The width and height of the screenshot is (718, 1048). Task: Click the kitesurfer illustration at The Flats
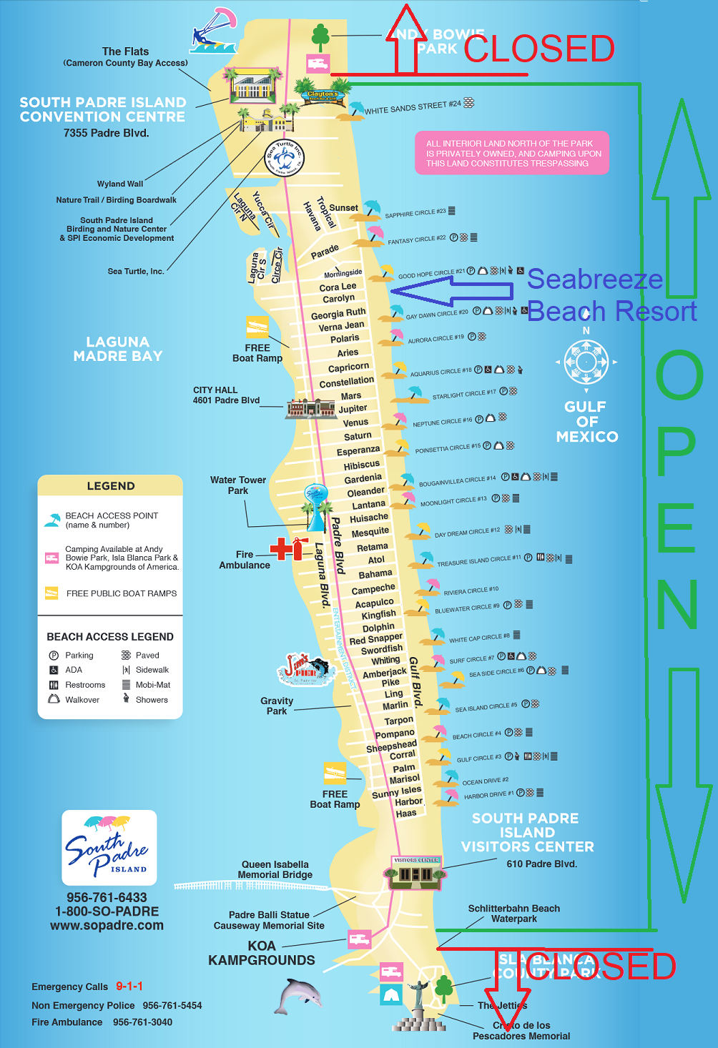tap(212, 31)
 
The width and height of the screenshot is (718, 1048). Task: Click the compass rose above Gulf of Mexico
tap(586, 362)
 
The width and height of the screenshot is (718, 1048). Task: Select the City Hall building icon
tap(310, 408)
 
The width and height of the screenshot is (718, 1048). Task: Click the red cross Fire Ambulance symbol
tap(288, 548)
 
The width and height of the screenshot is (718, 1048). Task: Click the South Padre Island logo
tap(109, 848)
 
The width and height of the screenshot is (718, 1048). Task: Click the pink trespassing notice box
tap(512, 153)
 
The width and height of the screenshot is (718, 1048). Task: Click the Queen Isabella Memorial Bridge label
tap(275, 869)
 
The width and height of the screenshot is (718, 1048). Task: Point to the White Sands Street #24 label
tap(413, 107)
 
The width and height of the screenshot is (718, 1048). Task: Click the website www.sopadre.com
tap(107, 925)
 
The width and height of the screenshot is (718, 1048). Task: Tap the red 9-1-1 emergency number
tap(129, 986)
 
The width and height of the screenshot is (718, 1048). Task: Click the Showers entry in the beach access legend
tap(151, 700)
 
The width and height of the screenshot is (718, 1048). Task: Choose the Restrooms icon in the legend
tap(54, 685)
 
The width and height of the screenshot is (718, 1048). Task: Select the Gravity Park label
tap(277, 706)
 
